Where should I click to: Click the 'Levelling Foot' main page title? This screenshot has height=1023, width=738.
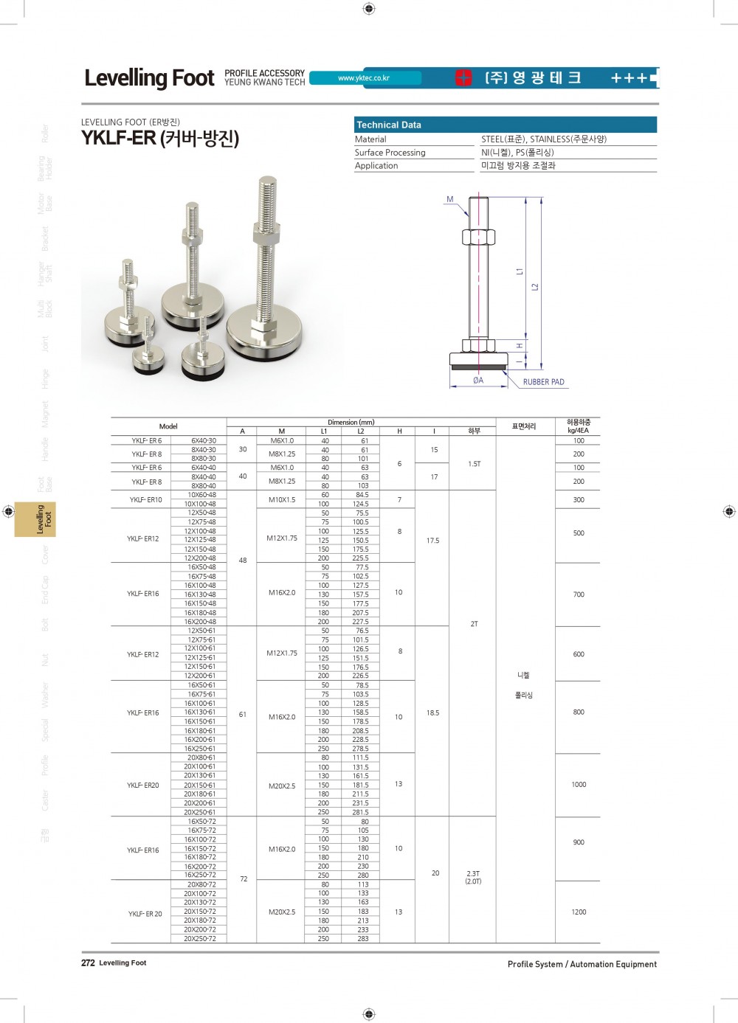(x=149, y=78)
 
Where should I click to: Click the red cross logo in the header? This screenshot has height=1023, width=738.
(x=463, y=78)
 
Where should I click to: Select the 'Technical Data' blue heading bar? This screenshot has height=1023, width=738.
(x=506, y=125)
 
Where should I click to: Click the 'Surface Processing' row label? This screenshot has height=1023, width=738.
(x=390, y=153)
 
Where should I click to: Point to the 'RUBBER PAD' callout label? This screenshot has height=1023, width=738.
(x=543, y=382)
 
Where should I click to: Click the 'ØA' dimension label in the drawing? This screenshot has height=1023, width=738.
(x=478, y=381)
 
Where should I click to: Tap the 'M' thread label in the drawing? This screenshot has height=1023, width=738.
(x=450, y=199)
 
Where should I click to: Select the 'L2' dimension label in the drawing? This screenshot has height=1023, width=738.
(x=535, y=286)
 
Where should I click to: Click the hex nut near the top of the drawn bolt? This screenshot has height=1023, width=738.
(x=478, y=237)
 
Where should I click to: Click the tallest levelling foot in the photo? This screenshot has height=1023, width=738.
(x=266, y=280)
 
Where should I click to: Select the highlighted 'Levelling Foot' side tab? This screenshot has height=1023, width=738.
(x=45, y=519)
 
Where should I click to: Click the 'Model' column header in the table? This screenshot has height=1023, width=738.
(x=168, y=426)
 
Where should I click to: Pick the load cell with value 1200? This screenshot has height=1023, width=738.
(x=579, y=912)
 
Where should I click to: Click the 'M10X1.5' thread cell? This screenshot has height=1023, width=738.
(x=282, y=499)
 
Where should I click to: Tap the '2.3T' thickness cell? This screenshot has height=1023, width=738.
(x=473, y=873)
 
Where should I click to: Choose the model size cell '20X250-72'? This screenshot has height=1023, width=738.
(x=200, y=938)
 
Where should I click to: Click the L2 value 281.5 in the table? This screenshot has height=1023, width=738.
(x=360, y=812)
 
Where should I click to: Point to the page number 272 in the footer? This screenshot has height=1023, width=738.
(x=88, y=963)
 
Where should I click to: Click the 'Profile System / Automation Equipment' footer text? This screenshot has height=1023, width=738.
(x=582, y=964)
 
